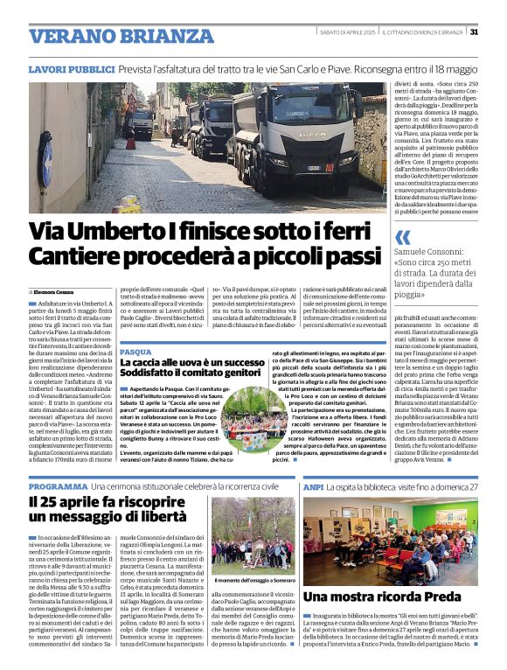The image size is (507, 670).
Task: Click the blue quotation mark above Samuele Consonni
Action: point(402,237)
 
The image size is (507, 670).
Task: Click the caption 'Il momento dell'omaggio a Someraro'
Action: point(253,579)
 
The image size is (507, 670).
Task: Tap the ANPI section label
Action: point(313,486)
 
